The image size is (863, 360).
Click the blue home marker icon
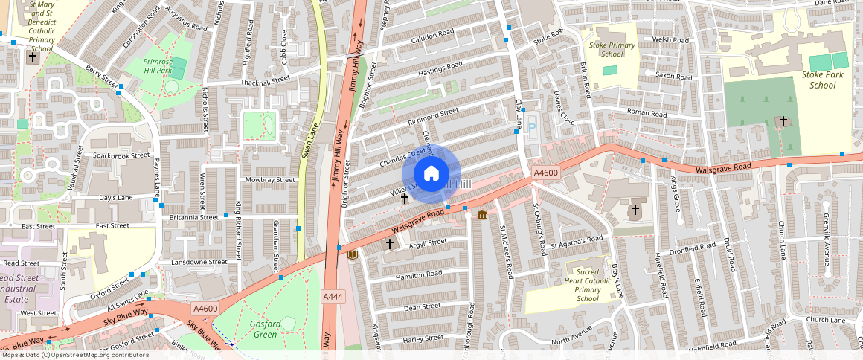pos(431,174)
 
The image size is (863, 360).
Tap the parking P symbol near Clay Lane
pos(532,127)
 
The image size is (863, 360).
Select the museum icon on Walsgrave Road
pos(482,216)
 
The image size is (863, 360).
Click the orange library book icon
pos(353,255)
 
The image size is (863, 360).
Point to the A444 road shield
pos(333,297)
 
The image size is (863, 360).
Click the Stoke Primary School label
pos(612,49)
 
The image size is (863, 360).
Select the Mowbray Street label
pos(270,179)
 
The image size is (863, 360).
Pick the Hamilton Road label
pos(419,274)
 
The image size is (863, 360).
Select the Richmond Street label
pos(433,115)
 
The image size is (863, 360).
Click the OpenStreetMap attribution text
pos(74,355)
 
